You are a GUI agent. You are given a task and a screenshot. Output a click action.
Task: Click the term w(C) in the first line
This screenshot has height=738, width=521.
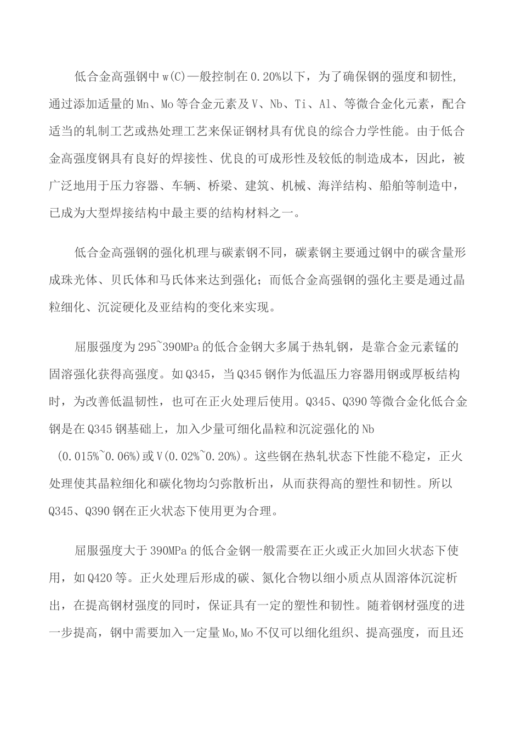point(175,76)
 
